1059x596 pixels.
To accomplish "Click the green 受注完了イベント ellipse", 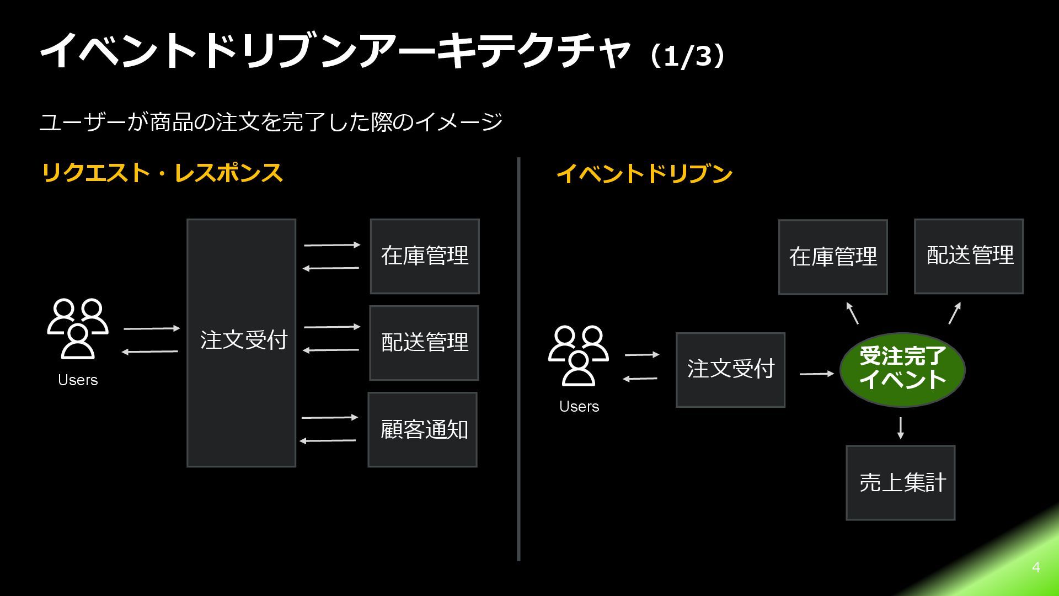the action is [x=902, y=369].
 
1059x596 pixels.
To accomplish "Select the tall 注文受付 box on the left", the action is [x=241, y=343].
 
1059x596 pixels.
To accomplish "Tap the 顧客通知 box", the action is [x=422, y=429].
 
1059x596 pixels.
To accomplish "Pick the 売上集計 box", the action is [x=900, y=482].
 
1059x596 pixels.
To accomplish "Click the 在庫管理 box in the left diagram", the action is [x=425, y=256].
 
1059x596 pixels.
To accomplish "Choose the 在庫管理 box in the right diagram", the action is [x=833, y=257].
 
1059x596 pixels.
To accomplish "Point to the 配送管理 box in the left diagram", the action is [x=424, y=343].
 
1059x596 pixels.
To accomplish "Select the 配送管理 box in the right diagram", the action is [x=969, y=256].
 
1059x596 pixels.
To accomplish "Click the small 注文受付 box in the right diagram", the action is [x=730, y=370].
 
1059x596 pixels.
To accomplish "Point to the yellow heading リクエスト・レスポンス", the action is [x=162, y=173].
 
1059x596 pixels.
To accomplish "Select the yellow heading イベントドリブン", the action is [x=644, y=173].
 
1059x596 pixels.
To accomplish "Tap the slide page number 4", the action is [x=1036, y=567].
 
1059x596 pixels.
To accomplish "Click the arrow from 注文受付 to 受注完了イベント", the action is [x=817, y=374].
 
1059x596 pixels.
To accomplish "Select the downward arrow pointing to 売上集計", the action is [x=901, y=428].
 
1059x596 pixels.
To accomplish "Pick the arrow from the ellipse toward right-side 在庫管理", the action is [x=852, y=312].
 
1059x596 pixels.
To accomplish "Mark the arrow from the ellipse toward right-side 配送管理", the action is [x=955, y=312].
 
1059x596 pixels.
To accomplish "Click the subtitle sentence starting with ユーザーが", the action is [x=271, y=122].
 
